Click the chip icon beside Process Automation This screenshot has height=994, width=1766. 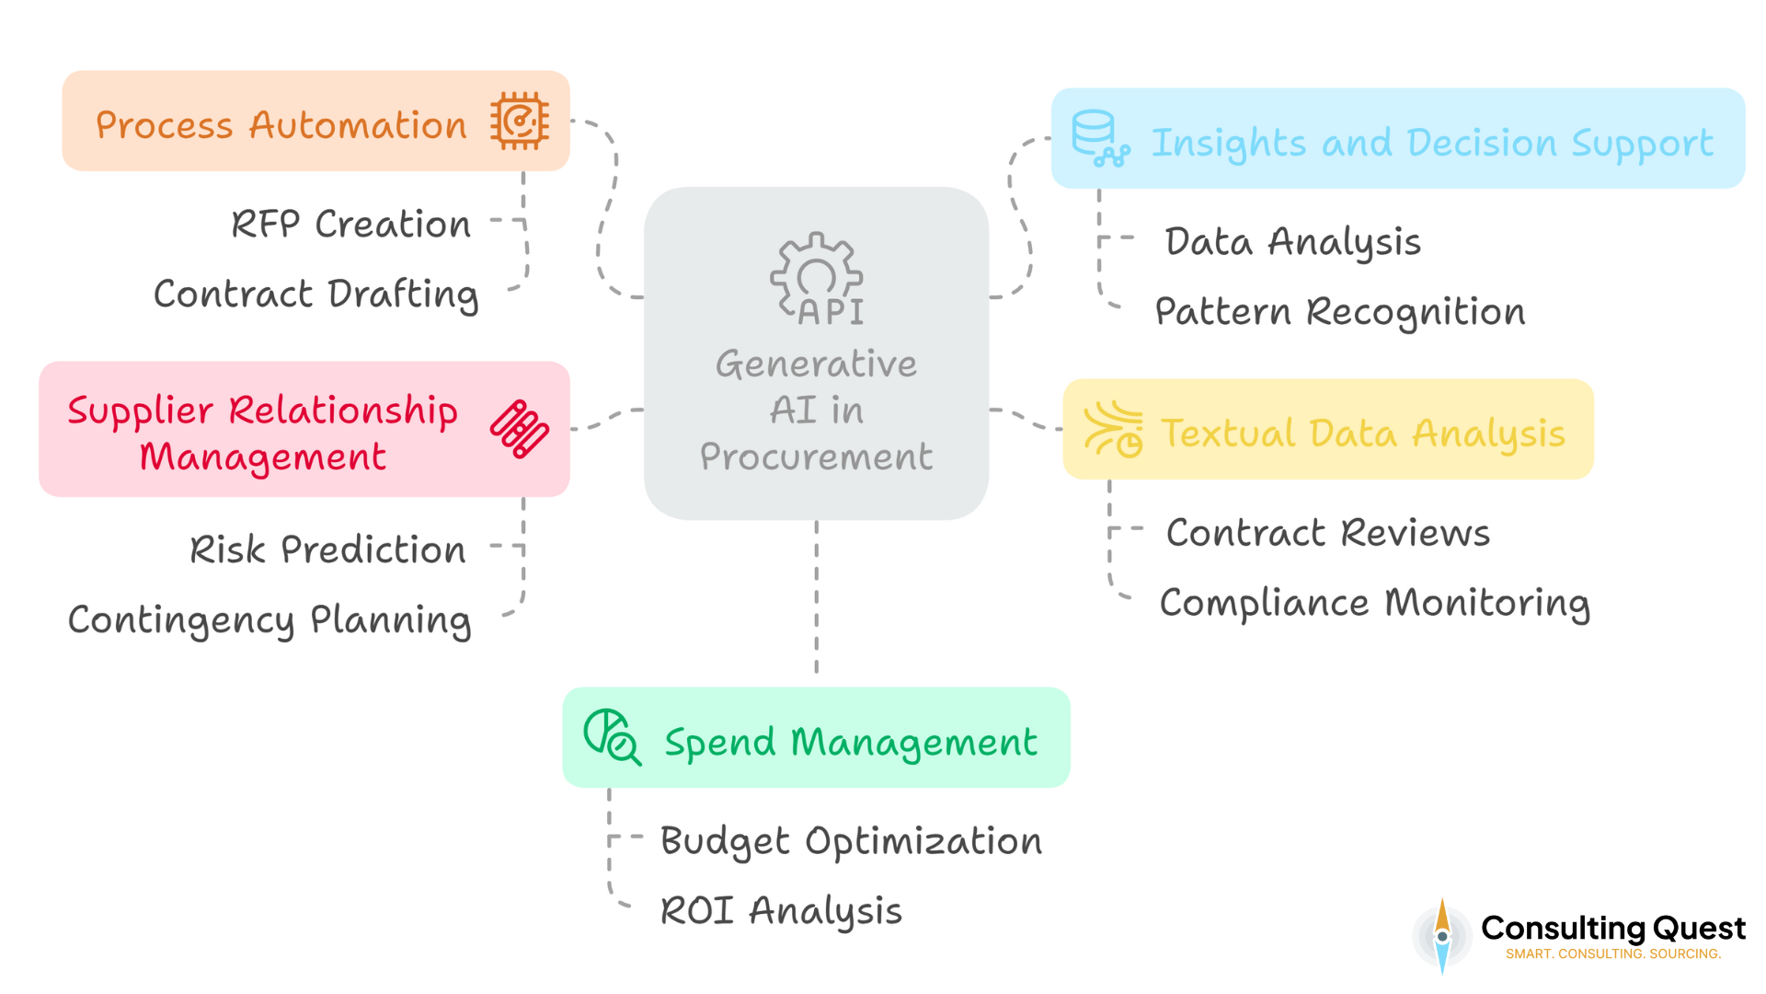click(520, 121)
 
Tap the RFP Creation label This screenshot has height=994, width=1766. click(350, 224)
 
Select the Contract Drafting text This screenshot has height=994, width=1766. click(315, 294)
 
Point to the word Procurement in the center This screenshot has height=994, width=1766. click(816, 457)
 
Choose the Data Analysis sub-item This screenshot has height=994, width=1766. click(1292, 241)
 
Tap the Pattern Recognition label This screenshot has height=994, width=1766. click(1339, 311)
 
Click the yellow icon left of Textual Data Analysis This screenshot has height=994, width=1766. click(1114, 429)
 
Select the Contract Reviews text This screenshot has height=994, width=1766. click(1327, 532)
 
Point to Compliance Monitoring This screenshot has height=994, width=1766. click(1374, 602)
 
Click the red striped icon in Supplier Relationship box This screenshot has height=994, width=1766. click(520, 429)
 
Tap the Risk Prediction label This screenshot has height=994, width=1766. click(327, 549)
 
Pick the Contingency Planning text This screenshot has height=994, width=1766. click(269, 619)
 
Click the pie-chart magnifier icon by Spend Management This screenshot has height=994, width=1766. click(612, 736)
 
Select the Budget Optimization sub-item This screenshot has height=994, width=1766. click(851, 840)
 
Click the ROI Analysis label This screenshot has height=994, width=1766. click(781, 910)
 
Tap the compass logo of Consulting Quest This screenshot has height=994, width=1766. click(1441, 936)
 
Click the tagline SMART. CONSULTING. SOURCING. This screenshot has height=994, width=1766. click(1612, 954)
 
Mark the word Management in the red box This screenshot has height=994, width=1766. click(263, 457)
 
